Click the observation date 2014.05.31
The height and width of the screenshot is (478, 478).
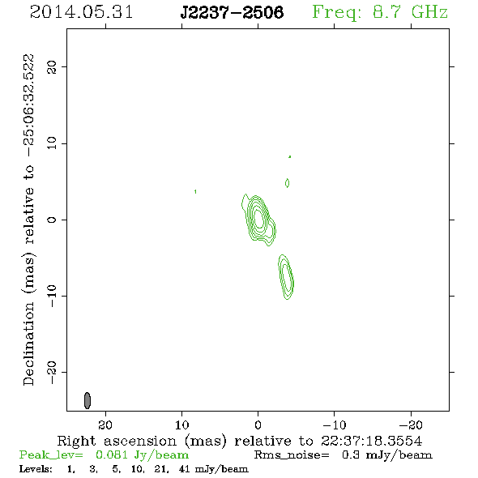[x=81, y=12]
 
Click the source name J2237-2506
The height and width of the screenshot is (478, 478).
[x=232, y=12]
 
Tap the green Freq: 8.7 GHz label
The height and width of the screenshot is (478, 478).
[x=380, y=12]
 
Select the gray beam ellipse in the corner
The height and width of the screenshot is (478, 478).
[x=87, y=400]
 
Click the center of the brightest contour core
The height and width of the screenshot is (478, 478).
[x=258, y=218]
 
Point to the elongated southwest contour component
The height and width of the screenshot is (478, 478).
[x=286, y=277]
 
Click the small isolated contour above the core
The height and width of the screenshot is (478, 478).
[x=287, y=183]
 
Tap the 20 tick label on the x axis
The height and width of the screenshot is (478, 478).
[x=105, y=425]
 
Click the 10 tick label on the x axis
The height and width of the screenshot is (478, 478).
[x=181, y=425]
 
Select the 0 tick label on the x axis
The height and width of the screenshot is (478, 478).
[x=258, y=425]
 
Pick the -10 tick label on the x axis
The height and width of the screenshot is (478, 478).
[x=335, y=425]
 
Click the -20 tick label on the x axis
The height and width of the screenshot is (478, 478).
[x=411, y=425]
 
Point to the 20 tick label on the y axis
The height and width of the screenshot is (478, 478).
[x=52, y=66]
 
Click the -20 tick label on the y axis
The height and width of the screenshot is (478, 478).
[x=52, y=372]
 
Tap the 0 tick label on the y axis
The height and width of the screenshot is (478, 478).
[x=52, y=220]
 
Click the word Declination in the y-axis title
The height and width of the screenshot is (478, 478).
[x=28, y=344]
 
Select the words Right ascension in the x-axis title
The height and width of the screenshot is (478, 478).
[x=117, y=441]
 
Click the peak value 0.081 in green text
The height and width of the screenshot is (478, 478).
[x=112, y=455]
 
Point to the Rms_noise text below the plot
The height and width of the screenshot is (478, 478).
[x=292, y=455]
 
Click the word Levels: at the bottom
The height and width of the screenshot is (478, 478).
[x=36, y=468]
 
